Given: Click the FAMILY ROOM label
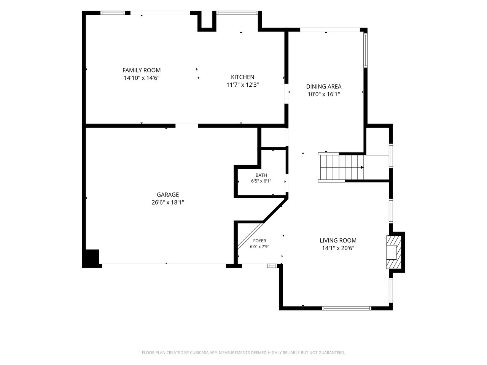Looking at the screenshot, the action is click(x=141, y=70).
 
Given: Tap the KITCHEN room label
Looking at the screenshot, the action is click(x=242, y=77).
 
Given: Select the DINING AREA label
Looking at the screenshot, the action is click(x=324, y=87).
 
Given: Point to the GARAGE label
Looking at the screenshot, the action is click(x=168, y=195).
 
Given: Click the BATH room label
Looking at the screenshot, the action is click(x=261, y=175).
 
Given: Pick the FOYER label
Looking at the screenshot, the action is click(x=259, y=241).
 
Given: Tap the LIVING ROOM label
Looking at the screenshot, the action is click(x=338, y=240).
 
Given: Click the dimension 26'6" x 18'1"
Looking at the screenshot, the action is click(x=168, y=203).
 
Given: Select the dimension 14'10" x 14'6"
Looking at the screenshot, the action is click(x=142, y=78).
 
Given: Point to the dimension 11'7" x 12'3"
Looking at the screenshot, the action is click(x=242, y=85).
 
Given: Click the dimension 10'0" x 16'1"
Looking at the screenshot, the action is click(x=324, y=94).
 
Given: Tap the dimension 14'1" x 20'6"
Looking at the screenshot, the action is click(x=338, y=248).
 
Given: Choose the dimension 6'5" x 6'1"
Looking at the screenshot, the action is click(x=261, y=181).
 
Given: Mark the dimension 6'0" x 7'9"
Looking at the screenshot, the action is click(x=259, y=246).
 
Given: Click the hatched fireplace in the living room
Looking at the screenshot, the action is click(x=394, y=252).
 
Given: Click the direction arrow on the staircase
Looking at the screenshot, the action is click(x=362, y=167).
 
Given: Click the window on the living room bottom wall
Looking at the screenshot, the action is click(x=347, y=308).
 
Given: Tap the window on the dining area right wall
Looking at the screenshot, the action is click(x=365, y=50).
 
